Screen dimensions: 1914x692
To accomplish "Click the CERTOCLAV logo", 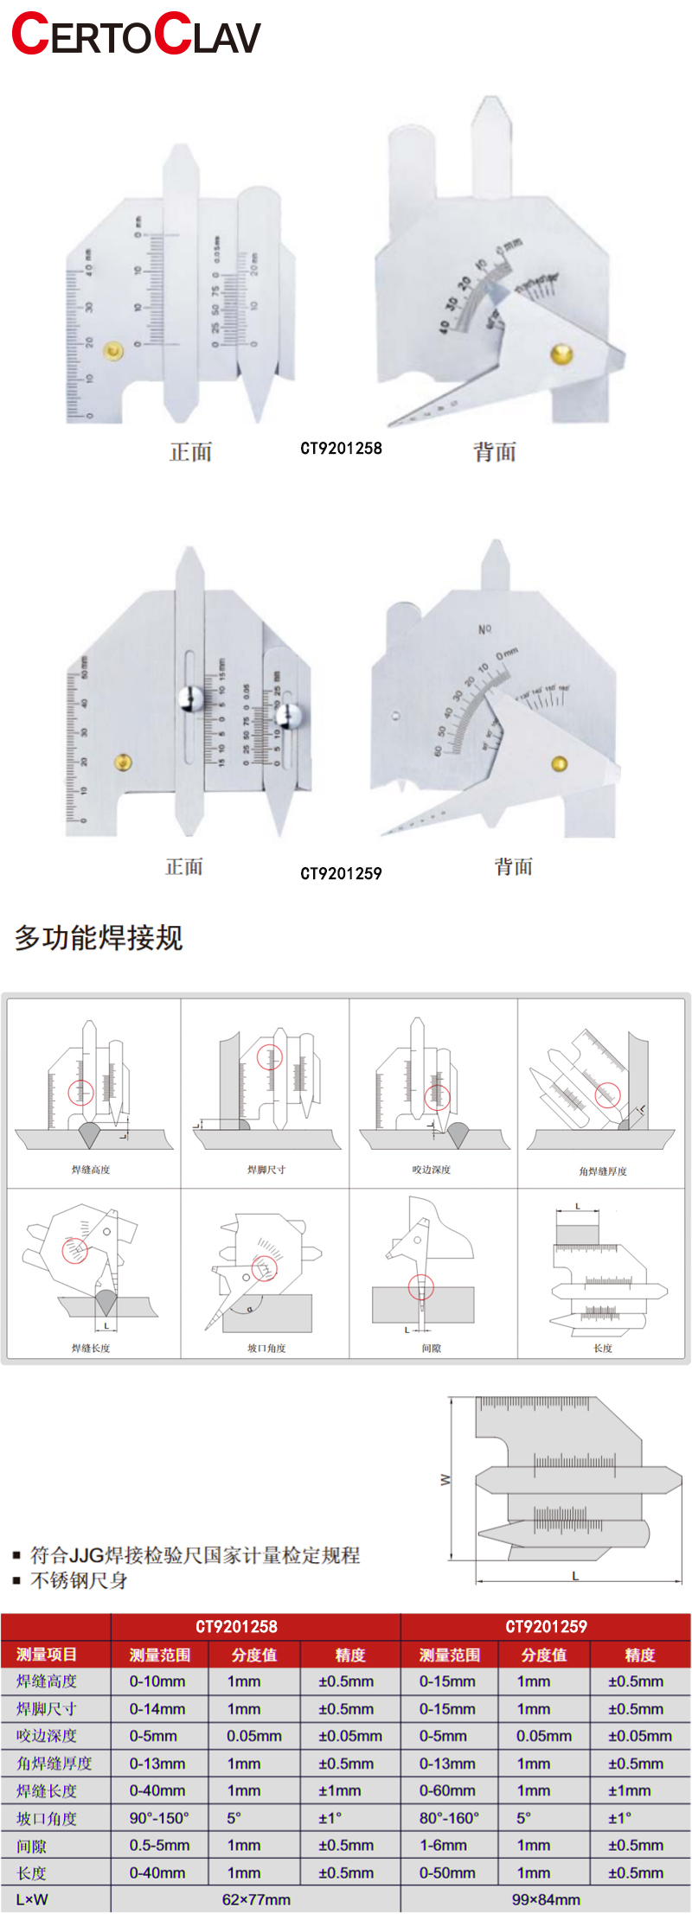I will (136, 35).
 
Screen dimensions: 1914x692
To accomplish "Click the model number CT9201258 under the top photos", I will (341, 448).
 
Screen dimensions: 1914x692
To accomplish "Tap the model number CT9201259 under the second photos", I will (341, 873).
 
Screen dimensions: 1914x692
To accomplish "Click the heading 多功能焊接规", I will (99, 937).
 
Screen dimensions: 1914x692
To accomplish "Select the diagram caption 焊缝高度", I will (91, 1170).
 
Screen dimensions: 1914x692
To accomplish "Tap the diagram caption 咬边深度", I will (432, 1170).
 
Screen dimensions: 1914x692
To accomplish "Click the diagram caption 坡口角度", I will (266, 1348).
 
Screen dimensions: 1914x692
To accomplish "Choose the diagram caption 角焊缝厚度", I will (603, 1171).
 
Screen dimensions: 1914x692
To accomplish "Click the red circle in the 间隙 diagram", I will (421, 1287).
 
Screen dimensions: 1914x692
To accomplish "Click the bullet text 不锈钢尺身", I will (79, 1580).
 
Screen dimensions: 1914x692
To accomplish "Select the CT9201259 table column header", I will (546, 1626).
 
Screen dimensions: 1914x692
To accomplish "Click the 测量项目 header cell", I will (47, 1654).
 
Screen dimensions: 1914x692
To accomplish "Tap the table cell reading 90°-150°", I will (159, 1818).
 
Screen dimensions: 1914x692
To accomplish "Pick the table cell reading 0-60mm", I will (447, 1790).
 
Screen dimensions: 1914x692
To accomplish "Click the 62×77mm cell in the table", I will (256, 1899).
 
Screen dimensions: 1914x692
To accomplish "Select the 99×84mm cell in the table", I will (546, 1899).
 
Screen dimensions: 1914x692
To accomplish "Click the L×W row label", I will (32, 1899).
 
